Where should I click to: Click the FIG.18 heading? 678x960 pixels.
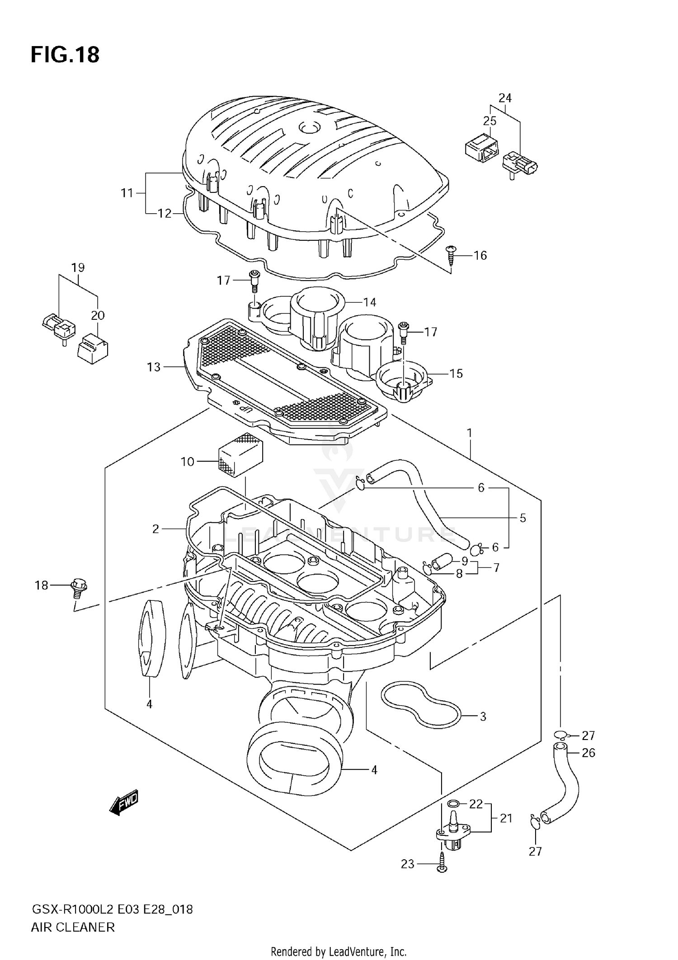(x=65, y=55)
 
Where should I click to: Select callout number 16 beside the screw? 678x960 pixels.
(x=480, y=256)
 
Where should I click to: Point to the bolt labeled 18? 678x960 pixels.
(x=78, y=587)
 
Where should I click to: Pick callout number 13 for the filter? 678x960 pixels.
(x=154, y=367)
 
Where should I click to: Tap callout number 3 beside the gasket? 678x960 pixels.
(x=483, y=716)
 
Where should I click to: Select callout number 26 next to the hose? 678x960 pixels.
(x=588, y=753)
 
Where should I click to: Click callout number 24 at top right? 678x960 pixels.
(x=505, y=98)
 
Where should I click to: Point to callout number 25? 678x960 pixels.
(x=490, y=121)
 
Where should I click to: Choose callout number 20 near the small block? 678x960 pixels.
(x=98, y=315)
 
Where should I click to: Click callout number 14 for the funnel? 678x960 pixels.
(x=370, y=302)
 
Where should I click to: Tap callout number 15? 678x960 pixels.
(x=456, y=373)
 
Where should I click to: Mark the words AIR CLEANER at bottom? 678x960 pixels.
(x=73, y=927)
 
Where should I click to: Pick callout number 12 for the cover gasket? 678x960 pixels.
(x=165, y=213)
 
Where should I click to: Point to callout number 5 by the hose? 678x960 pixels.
(x=523, y=518)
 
